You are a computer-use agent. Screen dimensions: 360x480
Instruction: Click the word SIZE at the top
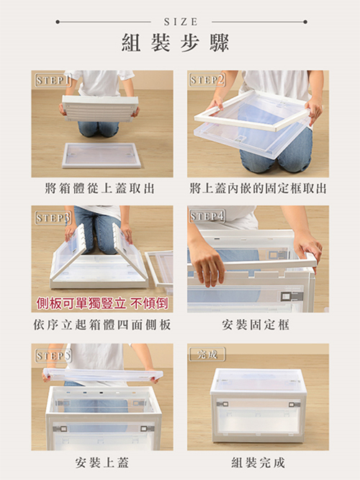[181, 22]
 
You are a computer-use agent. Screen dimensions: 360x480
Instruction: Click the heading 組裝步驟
[175, 43]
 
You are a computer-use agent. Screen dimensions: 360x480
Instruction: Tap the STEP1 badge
[53, 80]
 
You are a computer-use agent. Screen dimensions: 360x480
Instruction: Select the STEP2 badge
[207, 80]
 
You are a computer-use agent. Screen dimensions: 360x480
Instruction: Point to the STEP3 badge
[53, 218]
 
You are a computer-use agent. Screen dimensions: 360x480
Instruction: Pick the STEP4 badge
[207, 216]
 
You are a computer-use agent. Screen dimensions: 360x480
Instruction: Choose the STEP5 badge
[53, 356]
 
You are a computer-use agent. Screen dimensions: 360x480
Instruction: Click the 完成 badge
[207, 354]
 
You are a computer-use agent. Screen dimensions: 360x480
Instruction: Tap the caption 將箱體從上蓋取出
[99, 188]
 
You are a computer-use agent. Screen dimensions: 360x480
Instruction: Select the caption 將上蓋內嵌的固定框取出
[258, 188]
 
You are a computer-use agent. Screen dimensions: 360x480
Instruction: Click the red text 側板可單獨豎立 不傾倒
[102, 303]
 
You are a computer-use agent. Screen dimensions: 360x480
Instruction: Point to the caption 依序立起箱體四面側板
[102, 324]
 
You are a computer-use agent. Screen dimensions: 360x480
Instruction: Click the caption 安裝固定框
[256, 324]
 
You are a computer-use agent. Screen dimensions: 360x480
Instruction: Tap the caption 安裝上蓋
[102, 462]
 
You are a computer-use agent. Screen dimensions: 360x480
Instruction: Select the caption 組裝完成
[258, 462]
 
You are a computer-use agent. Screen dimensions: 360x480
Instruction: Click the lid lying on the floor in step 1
[102, 155]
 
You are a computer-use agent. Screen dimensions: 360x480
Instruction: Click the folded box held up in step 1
[100, 108]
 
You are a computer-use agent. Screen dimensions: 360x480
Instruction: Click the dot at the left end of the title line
[58, 22]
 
